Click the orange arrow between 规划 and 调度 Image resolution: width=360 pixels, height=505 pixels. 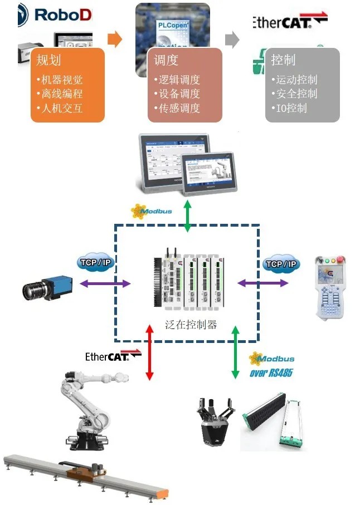coord(114,40)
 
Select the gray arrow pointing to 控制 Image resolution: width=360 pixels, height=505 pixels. coord(232,40)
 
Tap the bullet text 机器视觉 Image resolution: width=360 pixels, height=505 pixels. coord(60,80)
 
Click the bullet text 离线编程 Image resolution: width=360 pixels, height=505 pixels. coord(60,94)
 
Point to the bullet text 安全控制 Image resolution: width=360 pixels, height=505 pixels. coord(297,94)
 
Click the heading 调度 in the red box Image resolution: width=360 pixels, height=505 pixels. coord(166,60)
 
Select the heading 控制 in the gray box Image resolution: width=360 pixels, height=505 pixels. coord(283,60)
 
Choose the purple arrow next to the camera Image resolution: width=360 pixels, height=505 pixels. coord(105,283)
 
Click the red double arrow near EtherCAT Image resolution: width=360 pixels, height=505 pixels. coord(149,353)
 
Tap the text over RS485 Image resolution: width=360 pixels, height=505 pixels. coord(271,372)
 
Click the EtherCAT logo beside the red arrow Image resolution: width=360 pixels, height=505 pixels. coord(106,356)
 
